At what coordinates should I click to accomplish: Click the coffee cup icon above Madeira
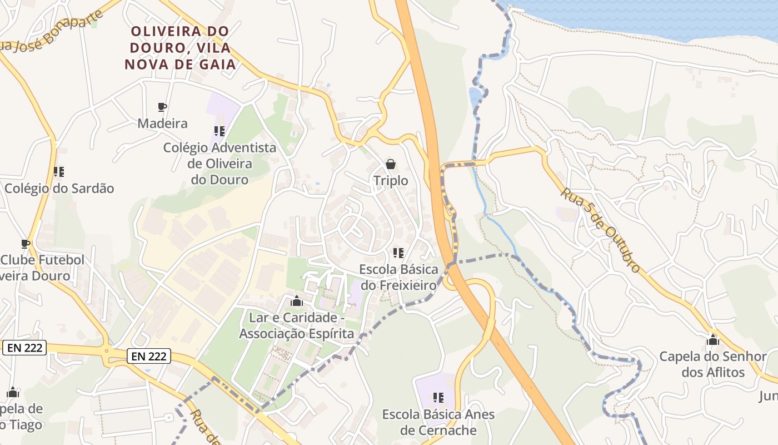point(162,107)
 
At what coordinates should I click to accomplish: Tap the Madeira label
point(162,123)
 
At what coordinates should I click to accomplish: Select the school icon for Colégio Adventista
point(219,131)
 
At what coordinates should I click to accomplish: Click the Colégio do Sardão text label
point(59,189)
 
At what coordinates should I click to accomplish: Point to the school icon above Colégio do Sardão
point(58,172)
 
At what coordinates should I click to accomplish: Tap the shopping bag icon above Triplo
point(391,164)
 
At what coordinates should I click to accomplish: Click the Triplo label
point(391,181)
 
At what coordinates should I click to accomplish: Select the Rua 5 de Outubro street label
point(600,230)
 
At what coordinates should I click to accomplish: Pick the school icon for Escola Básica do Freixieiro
point(398,253)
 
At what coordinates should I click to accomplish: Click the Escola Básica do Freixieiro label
point(398,277)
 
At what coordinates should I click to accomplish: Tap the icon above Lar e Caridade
point(297,301)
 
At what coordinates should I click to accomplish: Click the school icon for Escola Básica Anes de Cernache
point(438,398)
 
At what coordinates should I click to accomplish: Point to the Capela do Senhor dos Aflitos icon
point(713,340)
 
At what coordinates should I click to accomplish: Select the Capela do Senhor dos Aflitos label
point(713,364)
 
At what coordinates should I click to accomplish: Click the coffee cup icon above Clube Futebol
point(25,244)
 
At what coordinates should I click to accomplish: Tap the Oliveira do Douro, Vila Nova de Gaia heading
point(180,48)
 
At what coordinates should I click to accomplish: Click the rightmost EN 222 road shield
point(148,356)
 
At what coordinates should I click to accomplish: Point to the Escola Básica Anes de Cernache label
point(438,422)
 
